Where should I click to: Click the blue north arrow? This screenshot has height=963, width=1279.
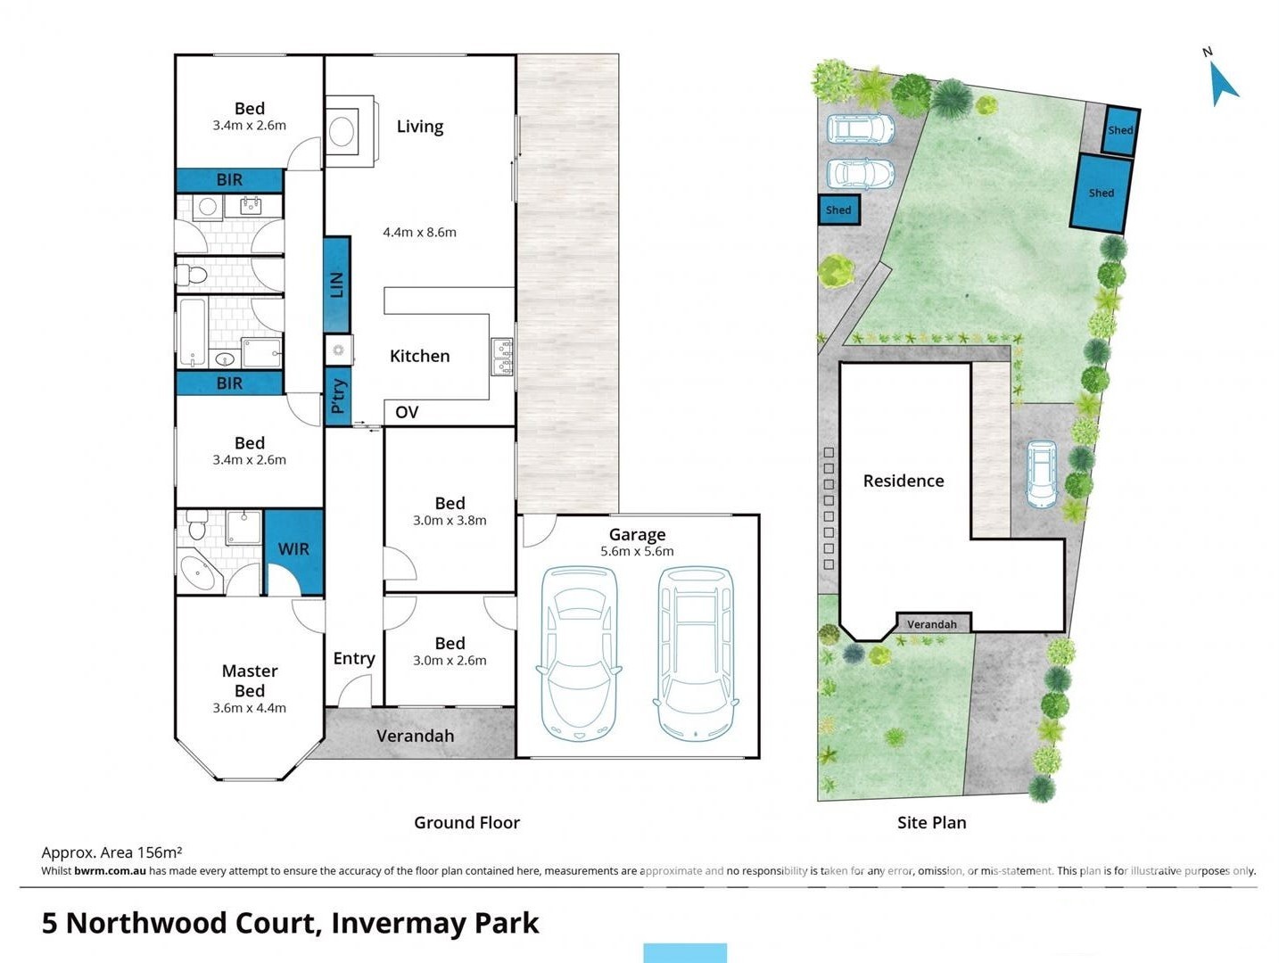1223,84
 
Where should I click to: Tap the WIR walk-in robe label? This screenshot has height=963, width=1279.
293,549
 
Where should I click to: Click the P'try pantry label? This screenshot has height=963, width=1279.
338,396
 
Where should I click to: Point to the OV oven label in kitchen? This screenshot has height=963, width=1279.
407,412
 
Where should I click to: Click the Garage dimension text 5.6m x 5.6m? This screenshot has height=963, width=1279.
637,552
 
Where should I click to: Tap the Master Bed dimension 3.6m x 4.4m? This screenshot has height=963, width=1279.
249,708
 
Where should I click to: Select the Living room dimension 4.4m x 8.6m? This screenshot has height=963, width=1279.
419,233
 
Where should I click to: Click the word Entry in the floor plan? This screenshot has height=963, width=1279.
354,658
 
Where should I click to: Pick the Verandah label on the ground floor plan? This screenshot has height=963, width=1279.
415,736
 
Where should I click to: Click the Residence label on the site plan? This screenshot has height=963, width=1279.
903,481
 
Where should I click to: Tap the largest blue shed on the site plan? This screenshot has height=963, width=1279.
1101,193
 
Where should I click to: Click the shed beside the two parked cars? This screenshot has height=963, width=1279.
838,210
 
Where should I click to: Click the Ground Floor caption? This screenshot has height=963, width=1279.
466,822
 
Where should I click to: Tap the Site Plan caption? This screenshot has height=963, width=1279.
931,822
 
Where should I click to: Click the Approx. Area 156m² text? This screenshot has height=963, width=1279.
111,852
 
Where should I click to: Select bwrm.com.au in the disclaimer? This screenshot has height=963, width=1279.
110,871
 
